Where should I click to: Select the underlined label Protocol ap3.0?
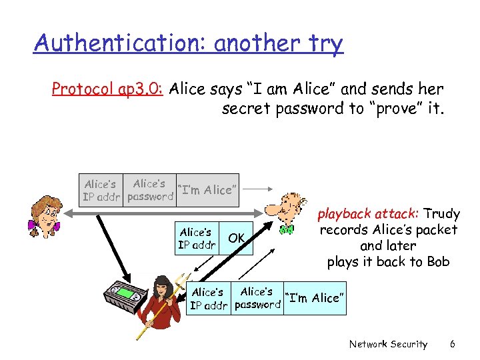108,89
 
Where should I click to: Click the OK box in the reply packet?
237,238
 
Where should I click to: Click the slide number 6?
452,344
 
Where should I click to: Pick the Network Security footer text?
388,344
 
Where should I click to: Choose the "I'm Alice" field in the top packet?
207,190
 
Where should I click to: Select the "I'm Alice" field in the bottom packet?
315,298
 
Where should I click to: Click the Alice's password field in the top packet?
149,190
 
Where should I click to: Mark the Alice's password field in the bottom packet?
257,298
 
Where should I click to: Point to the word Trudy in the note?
441,214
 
